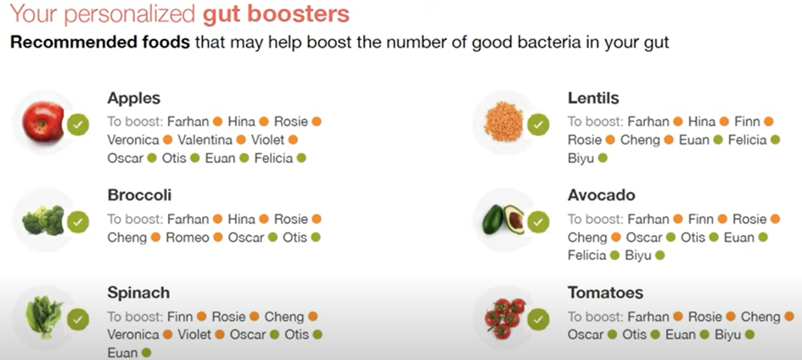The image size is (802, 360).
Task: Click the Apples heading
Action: [133, 98]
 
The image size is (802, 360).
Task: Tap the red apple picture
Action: [43, 121]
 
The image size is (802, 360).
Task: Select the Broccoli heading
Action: [139, 194]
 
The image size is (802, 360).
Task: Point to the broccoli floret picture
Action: [43, 221]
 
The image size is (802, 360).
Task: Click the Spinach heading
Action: [138, 293]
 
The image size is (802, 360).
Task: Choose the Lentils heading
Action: [593, 98]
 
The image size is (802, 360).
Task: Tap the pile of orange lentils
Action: [504, 121]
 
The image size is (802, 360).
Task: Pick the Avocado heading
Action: [601, 194]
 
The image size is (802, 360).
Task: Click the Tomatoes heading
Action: [605, 292]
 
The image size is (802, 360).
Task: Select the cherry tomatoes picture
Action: [505, 318]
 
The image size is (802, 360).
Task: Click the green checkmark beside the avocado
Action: [538, 222]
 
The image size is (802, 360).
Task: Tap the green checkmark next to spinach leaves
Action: [78, 319]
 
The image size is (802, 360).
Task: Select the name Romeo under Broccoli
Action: [188, 237]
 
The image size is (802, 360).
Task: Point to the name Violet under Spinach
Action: [193, 335]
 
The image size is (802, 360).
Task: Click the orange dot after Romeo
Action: [218, 237]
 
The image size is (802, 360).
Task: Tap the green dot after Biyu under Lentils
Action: [603, 159]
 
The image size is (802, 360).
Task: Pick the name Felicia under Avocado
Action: [586, 255]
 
